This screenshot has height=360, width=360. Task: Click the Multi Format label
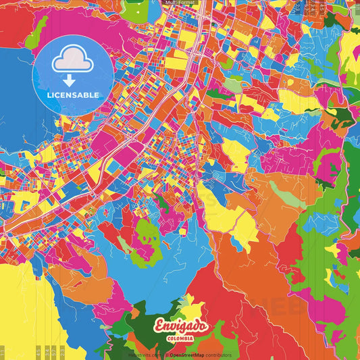[x=179, y=3]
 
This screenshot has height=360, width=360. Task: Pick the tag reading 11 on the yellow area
[x=3, y=351]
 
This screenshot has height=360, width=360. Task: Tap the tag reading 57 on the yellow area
[x=38, y=351]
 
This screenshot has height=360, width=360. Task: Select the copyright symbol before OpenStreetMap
[x=165, y=355]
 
